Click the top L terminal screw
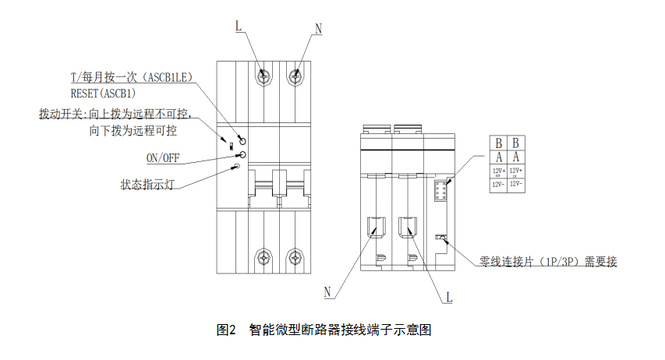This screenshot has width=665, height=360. pyautogui.click(x=265, y=76)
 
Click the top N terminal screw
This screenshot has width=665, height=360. pyautogui.click(x=295, y=76)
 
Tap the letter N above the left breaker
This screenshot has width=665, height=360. pyautogui.click(x=318, y=30)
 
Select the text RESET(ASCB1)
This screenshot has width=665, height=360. pyautogui.click(x=102, y=93)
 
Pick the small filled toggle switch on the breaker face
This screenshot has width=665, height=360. pyautogui.click(x=232, y=145)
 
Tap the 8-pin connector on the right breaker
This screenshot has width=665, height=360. pyautogui.click(x=440, y=192)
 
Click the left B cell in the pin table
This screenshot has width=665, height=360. pyautogui.click(x=498, y=143)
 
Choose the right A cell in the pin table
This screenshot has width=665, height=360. pyautogui.click(x=516, y=156)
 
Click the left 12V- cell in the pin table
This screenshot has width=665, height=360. pyautogui.click(x=498, y=185)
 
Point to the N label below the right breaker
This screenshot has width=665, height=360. pyautogui.click(x=328, y=292)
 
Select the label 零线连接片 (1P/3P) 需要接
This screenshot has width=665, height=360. pyautogui.click(x=549, y=262)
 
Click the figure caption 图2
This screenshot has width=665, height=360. pyautogui.click(x=225, y=330)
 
